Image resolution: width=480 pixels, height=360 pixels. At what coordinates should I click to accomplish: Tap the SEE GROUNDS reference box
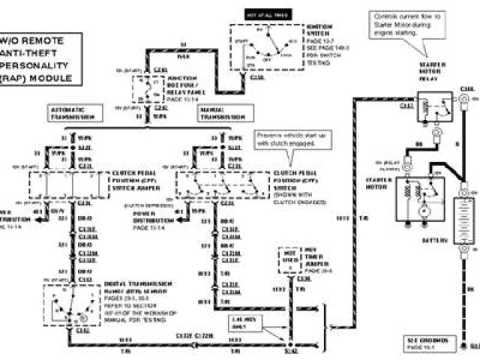(430, 343)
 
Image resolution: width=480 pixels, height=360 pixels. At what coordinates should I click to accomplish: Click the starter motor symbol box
(421, 199)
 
